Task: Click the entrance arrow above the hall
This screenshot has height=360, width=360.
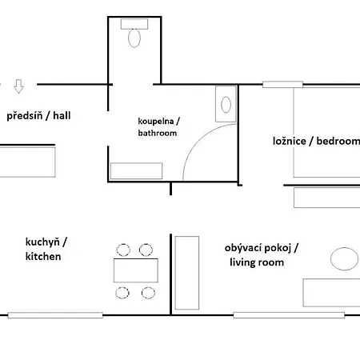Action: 18,86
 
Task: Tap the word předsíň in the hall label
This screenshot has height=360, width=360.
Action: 25,116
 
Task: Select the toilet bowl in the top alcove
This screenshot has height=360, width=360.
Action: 134,38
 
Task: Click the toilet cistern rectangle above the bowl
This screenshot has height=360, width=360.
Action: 134,24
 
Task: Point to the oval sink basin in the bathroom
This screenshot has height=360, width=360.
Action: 226,105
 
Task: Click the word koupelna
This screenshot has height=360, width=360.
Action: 156,121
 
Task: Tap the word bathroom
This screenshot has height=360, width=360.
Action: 158,133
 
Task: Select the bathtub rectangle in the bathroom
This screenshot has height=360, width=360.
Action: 137,170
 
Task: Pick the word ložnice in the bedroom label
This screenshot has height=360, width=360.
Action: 290,141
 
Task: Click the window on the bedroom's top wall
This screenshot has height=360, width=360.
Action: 282,85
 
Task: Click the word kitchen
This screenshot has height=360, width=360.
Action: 43,257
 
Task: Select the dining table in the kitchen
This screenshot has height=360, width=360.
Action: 136,270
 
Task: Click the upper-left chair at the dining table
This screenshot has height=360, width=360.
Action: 123,250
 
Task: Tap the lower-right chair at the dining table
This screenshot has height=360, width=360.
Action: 148,293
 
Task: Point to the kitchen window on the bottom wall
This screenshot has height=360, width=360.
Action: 55,315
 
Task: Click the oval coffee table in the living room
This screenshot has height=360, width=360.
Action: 344,258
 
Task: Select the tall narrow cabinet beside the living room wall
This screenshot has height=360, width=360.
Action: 187,273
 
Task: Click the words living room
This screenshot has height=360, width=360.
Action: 257,262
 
